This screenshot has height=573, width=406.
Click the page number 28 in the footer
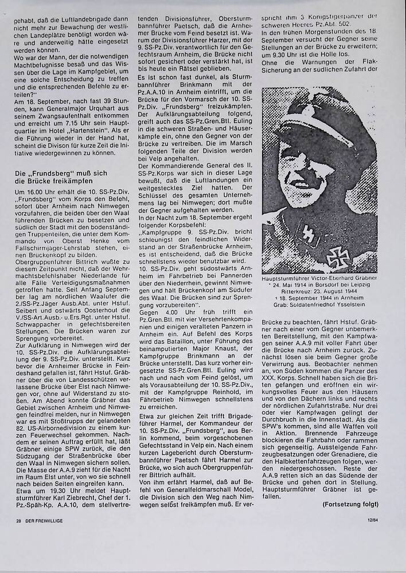pos(19,520)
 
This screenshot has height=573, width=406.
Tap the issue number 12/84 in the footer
pos(371,520)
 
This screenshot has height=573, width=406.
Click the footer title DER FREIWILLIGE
pos(46,520)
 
